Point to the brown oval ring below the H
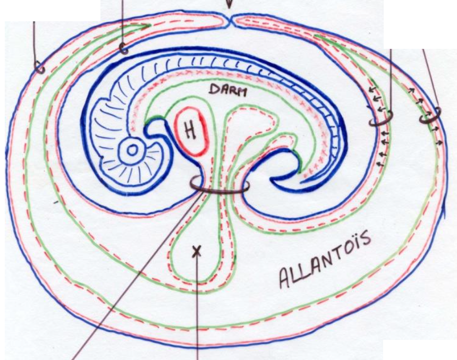click(219, 186)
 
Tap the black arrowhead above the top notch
click(230, 4)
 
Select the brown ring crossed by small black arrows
click(382, 119)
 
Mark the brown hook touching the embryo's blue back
click(123, 48)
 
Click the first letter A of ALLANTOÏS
click(286, 277)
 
